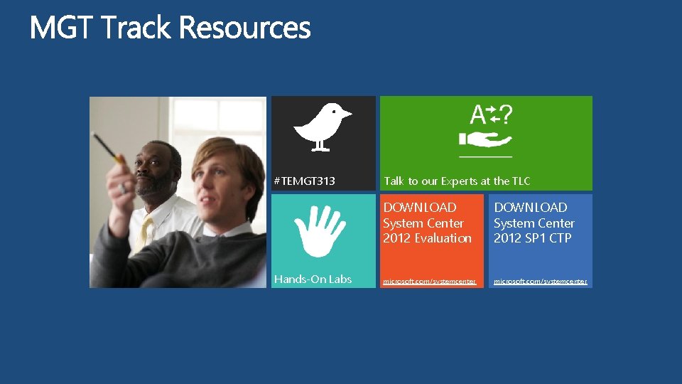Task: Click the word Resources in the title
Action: pyautogui.click(x=245, y=28)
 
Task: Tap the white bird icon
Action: pyautogui.click(x=322, y=127)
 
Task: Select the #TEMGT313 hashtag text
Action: pyautogui.click(x=305, y=181)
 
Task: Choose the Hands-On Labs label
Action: pyautogui.click(x=313, y=279)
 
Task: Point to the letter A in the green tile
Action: pyautogui.click(x=477, y=115)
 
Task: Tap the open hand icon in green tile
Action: pyautogui.click(x=485, y=138)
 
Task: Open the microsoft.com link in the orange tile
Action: pyautogui.click(x=429, y=282)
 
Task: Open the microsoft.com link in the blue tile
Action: pyautogui.click(x=541, y=282)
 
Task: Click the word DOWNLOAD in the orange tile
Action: pyautogui.click(x=420, y=208)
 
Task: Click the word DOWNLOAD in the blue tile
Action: pyautogui.click(x=531, y=208)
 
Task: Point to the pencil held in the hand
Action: pyautogui.click(x=107, y=146)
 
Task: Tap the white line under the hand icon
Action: pyautogui.click(x=485, y=156)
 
